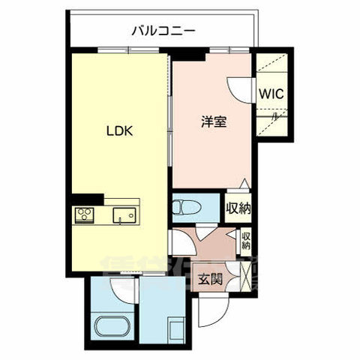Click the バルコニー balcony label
[x=163, y=31]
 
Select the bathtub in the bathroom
[x=115, y=328]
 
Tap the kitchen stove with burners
[x=84, y=215]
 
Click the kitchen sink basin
[x=122, y=216]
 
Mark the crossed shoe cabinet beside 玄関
[x=241, y=275]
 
